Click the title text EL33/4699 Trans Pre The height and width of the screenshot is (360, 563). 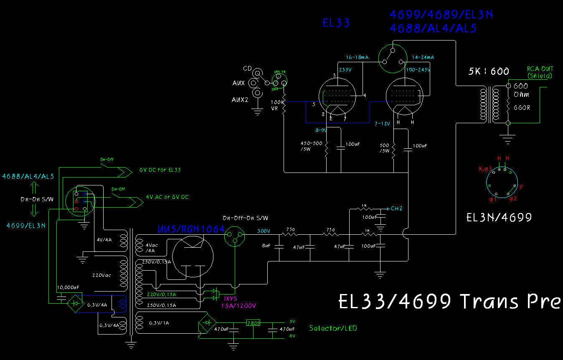(449, 302)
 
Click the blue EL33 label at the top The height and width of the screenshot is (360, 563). (336, 23)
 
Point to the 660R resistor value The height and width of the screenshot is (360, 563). (522, 107)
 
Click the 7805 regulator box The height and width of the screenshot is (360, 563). (253, 323)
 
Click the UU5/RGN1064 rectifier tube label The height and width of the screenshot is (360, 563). (191, 229)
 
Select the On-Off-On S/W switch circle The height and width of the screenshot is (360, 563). (234, 238)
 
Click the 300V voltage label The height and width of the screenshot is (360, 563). (264, 231)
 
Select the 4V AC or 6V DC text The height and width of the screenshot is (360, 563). (167, 197)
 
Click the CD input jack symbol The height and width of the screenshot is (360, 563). (258, 73)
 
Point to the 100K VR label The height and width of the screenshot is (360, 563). (276, 104)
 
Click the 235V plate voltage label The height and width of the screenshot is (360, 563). (345, 70)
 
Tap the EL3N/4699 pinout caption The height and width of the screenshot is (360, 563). (499, 218)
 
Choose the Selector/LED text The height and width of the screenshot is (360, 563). (333, 328)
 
